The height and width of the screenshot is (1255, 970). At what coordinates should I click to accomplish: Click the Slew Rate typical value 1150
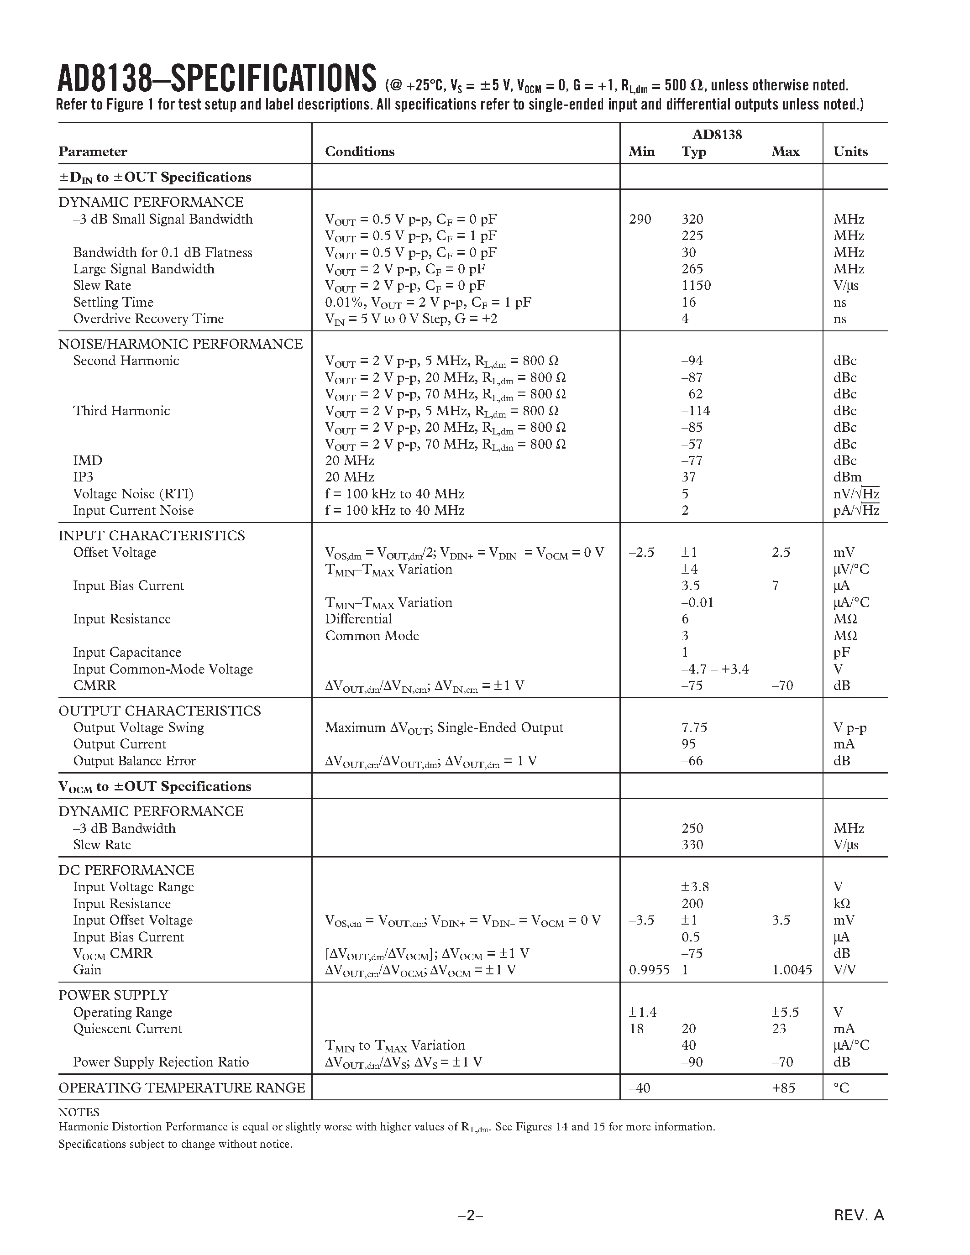(x=696, y=286)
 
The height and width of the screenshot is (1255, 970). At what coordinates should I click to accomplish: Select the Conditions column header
(x=360, y=152)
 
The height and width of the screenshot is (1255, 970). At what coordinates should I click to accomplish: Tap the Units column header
(x=850, y=152)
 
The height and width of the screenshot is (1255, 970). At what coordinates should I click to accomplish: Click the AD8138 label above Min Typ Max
(x=717, y=135)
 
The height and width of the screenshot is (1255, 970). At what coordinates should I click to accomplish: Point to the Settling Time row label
(x=113, y=302)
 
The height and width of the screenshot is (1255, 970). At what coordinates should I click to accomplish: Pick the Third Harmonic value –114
(x=695, y=411)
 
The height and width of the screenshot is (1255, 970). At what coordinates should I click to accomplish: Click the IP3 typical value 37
(x=688, y=477)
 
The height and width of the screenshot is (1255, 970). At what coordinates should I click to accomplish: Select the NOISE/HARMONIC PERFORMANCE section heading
(x=180, y=344)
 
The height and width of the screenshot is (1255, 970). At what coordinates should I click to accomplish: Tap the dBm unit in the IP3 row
(x=848, y=477)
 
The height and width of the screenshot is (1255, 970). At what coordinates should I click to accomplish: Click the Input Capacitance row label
(x=127, y=652)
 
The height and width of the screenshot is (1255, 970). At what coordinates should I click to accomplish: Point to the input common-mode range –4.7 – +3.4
(x=715, y=669)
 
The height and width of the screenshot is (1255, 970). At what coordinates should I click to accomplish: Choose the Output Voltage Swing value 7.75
(x=694, y=727)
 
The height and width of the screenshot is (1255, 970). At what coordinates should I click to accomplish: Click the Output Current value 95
(x=688, y=744)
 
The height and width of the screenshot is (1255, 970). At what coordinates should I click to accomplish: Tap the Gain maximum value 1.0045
(x=792, y=970)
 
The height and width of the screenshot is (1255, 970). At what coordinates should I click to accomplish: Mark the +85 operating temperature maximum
(x=783, y=1088)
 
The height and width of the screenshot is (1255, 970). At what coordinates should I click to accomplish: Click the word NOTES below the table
(x=79, y=1112)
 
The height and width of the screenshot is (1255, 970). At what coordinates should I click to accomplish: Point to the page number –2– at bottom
(x=471, y=1215)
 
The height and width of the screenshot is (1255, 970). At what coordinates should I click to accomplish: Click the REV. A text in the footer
(x=859, y=1215)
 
